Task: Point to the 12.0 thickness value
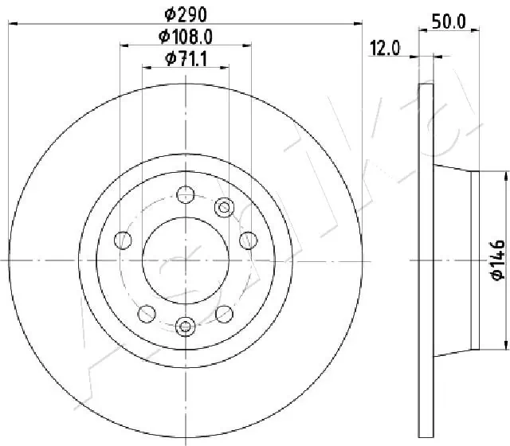click(x=384, y=49)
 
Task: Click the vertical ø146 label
click(x=496, y=260)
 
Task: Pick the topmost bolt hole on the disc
click(x=185, y=194)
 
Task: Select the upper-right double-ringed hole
click(x=224, y=209)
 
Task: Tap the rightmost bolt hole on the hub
click(x=247, y=239)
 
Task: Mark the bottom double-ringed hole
click(x=186, y=325)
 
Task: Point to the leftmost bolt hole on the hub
click(x=123, y=239)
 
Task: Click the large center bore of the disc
click(x=185, y=260)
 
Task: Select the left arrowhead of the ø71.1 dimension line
click(x=145, y=68)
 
